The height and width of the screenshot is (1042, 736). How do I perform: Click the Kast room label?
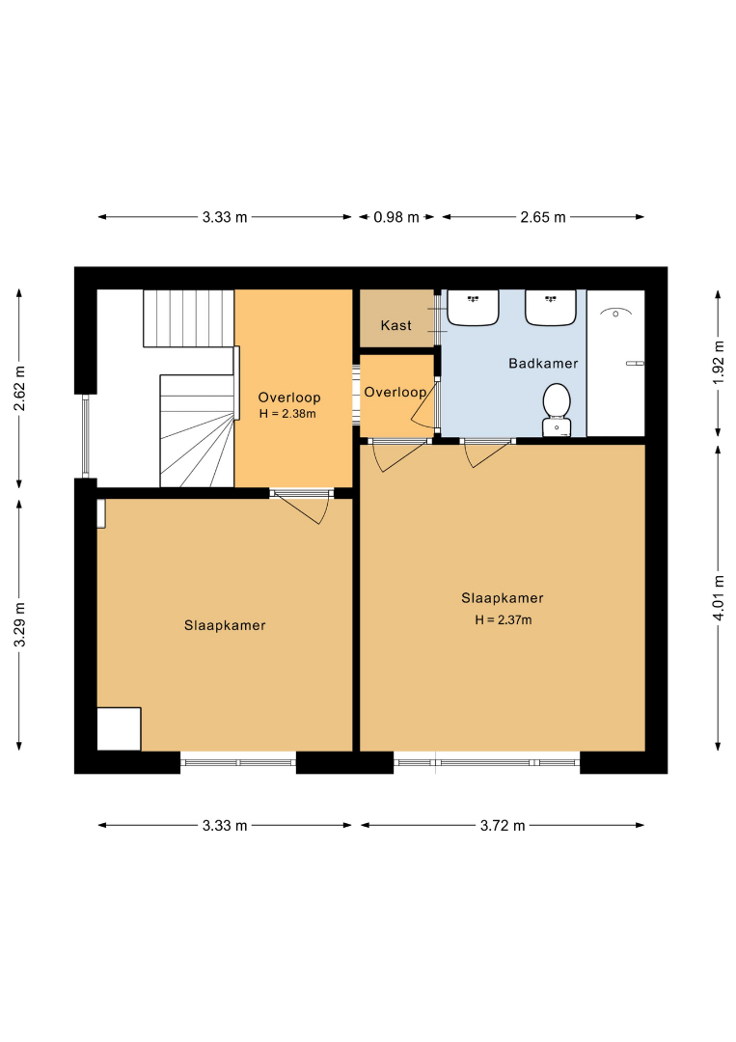pyautogui.click(x=395, y=325)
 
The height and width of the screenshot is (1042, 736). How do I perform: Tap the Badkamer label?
pyautogui.click(x=543, y=364)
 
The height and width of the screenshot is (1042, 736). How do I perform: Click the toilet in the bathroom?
pyautogui.click(x=557, y=410)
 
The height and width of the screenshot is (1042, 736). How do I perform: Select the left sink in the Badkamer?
pyautogui.click(x=473, y=308)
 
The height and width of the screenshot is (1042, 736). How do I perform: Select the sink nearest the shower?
pyautogui.click(x=551, y=308)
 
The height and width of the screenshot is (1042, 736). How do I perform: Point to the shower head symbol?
pyautogui.click(x=615, y=313)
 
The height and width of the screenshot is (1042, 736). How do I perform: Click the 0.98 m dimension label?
pyautogui.click(x=396, y=217)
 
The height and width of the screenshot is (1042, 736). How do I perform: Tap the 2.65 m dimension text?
pyautogui.click(x=543, y=217)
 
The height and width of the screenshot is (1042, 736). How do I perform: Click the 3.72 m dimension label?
pyautogui.click(x=503, y=825)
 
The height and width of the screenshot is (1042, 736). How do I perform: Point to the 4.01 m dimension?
pyautogui.click(x=718, y=598)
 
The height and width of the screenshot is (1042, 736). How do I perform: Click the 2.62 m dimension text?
pyautogui.click(x=19, y=388)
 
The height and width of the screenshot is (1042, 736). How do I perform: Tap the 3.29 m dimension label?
pyautogui.click(x=19, y=624)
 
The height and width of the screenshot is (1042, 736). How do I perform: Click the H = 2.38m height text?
pyautogui.click(x=287, y=413)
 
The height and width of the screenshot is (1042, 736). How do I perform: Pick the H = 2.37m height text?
pyautogui.click(x=504, y=620)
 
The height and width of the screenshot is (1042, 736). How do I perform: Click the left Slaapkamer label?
pyautogui.click(x=225, y=625)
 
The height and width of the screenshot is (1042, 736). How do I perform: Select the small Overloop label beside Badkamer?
pyautogui.click(x=395, y=392)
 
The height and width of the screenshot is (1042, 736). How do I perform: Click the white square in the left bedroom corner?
pyautogui.click(x=119, y=729)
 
